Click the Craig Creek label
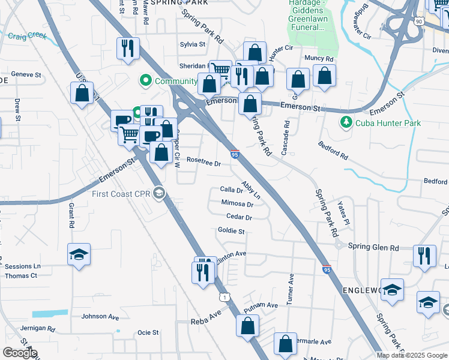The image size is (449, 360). point(27,36)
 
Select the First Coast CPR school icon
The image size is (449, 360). point(159,193)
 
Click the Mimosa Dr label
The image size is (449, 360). point(237,204)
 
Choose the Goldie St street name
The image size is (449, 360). point(231,231)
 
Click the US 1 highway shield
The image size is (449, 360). point(224,297)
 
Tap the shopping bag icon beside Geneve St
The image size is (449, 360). point(82,94)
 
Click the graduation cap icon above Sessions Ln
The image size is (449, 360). point(79,255)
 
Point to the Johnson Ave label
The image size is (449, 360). point(100,316)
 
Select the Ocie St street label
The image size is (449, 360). point(148,332)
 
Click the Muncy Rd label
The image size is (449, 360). point(319,59)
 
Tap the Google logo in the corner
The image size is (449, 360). point(20,353)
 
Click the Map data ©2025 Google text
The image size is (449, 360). point(412,355)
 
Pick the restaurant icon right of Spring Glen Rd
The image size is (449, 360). point(424,256)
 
